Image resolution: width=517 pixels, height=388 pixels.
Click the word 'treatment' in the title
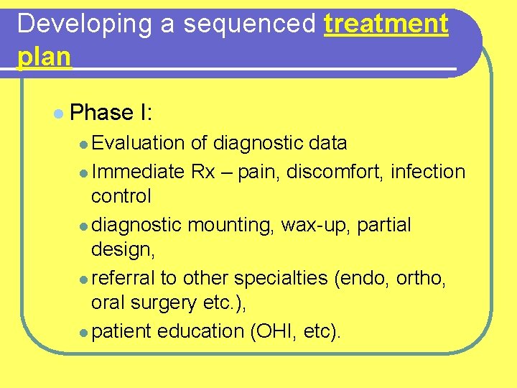point(386,24)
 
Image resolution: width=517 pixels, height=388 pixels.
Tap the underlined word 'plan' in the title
point(44,57)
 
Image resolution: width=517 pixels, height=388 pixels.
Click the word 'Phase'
point(101,113)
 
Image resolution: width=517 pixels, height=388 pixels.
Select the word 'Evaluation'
point(139,143)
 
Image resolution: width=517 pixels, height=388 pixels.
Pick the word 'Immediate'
point(138,172)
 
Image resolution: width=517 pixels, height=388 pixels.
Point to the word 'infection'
point(429,172)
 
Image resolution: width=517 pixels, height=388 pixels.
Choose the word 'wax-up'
point(315,225)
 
